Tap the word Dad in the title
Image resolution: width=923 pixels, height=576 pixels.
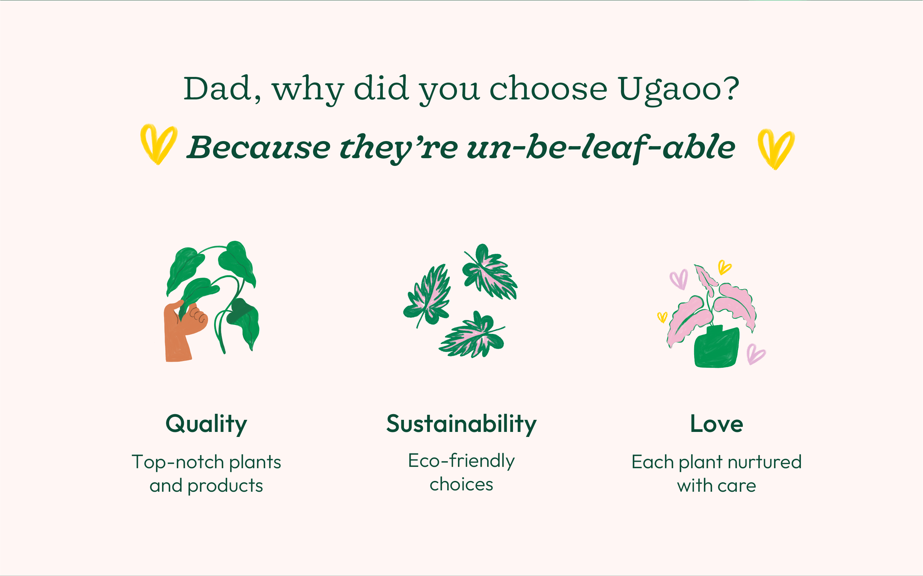pos(217,88)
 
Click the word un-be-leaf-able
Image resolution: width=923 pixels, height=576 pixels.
pos(601,147)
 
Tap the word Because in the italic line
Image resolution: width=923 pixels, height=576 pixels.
pos(259,147)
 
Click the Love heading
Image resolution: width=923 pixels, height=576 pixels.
pos(716,424)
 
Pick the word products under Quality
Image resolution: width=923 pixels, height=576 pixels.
pos(225,486)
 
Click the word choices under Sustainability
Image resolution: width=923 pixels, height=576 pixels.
pos(462,484)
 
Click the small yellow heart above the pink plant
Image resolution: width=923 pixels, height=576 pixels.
pos(725,267)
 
